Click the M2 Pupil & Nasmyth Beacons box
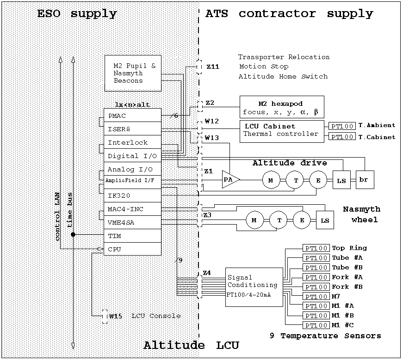[133, 73]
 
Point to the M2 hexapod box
[281, 107]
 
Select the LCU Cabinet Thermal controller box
[282, 130]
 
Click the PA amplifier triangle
[230, 179]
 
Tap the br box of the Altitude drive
[364, 179]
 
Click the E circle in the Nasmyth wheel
[302, 220]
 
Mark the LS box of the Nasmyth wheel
[325, 220]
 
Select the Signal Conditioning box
[254, 287]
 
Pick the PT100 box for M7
[316, 296]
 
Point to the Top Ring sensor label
[349, 248]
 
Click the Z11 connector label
[212, 67]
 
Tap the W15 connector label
[115, 316]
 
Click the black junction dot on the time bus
[73, 235]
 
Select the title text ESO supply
[77, 14]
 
